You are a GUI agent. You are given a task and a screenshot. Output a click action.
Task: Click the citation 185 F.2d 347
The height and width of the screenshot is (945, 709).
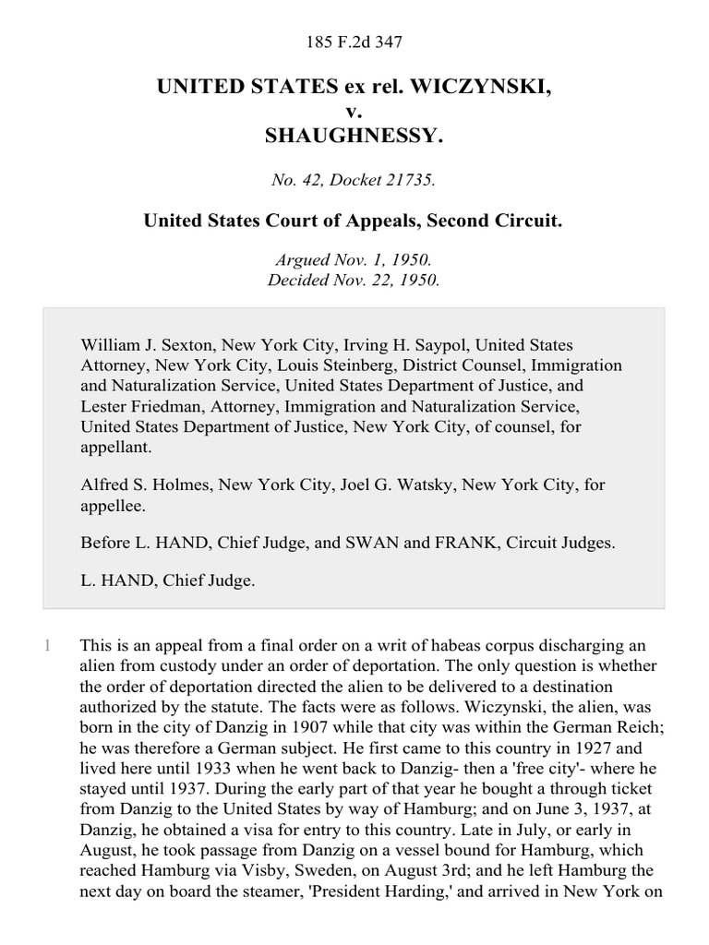click(354, 42)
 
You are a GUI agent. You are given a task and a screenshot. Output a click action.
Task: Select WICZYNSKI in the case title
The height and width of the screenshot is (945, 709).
click(483, 88)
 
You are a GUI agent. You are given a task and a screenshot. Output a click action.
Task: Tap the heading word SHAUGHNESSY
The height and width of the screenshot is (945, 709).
click(354, 136)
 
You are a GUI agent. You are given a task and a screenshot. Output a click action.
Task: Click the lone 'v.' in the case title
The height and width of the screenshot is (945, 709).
click(354, 112)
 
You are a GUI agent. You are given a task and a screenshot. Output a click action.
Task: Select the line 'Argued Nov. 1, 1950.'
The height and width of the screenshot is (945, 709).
click(354, 261)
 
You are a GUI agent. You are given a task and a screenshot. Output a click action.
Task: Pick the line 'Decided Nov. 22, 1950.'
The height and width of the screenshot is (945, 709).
click(354, 280)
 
